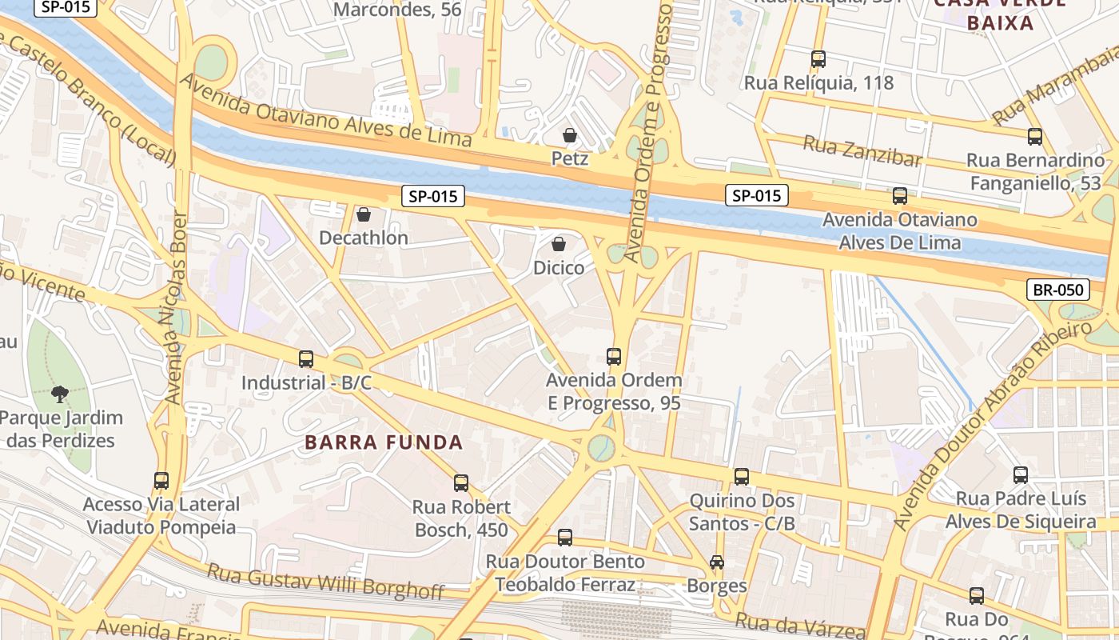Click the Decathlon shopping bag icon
(x=364, y=214)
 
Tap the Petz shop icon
(x=570, y=135)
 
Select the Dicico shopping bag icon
(x=559, y=243)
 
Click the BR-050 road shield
(x=1057, y=290)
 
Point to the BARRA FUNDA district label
(x=384, y=442)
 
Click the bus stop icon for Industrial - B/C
(x=306, y=359)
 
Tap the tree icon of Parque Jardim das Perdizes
(x=59, y=394)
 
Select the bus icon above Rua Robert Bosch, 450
(x=461, y=483)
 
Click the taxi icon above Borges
(x=717, y=562)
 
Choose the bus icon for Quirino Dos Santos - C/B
(x=742, y=477)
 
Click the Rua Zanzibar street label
(x=862, y=151)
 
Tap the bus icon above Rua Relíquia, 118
(x=818, y=59)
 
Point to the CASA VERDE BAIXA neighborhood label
(x=1000, y=14)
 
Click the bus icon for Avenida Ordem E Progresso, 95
(x=614, y=357)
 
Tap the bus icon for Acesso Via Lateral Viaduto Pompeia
(x=161, y=481)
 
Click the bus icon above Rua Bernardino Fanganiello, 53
(x=1035, y=137)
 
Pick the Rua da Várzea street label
(x=799, y=623)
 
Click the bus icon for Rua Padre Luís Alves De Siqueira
(x=1021, y=475)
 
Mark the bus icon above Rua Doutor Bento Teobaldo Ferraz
(x=565, y=538)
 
